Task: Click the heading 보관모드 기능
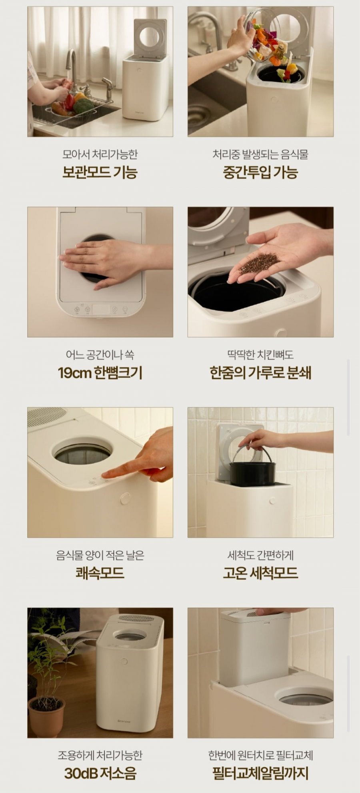(100, 172)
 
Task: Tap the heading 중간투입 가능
(260, 172)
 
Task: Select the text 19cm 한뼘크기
(100, 372)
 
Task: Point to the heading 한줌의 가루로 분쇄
(260, 372)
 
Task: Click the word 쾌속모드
(100, 573)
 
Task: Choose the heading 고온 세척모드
(260, 573)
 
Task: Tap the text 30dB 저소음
(100, 773)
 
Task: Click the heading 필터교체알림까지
(260, 773)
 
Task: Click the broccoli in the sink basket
(83, 106)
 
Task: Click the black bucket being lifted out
(252, 472)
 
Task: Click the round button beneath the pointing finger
(125, 499)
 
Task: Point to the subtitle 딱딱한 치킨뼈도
(260, 354)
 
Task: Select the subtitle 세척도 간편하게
(260, 555)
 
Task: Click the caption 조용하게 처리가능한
(100, 755)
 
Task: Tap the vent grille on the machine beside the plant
(137, 618)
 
